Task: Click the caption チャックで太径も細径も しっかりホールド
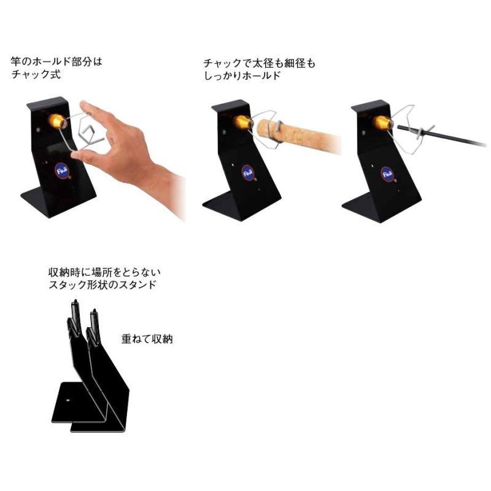(x=259, y=69)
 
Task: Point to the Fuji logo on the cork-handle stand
(x=247, y=172)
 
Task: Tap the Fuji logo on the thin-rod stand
(x=387, y=174)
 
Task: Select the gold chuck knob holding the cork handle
(x=242, y=122)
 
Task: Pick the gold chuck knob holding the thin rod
(x=383, y=123)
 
